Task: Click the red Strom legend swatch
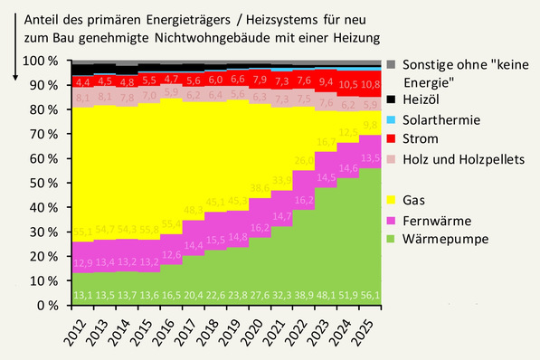pyautogui.click(x=391, y=138)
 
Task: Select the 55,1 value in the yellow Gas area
pyautogui.click(x=82, y=231)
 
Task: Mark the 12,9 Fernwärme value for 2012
pyautogui.click(x=82, y=263)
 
